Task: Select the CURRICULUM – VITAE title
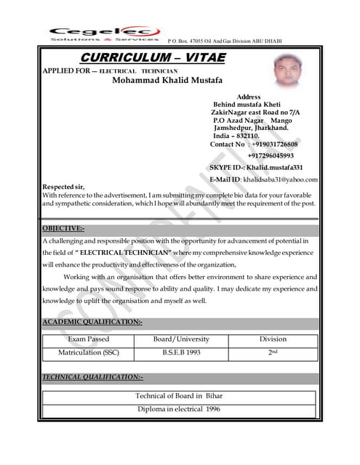153,57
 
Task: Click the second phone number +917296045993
271,155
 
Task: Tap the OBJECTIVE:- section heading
63,229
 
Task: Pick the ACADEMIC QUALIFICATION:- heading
92,322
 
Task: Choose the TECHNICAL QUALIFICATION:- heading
92,377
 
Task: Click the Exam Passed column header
89,339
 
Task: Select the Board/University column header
181,339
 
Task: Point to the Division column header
273,339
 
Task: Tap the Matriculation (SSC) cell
89,353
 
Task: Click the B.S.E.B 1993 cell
181,353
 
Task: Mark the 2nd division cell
273,353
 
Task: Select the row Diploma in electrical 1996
179,409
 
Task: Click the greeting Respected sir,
64,187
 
